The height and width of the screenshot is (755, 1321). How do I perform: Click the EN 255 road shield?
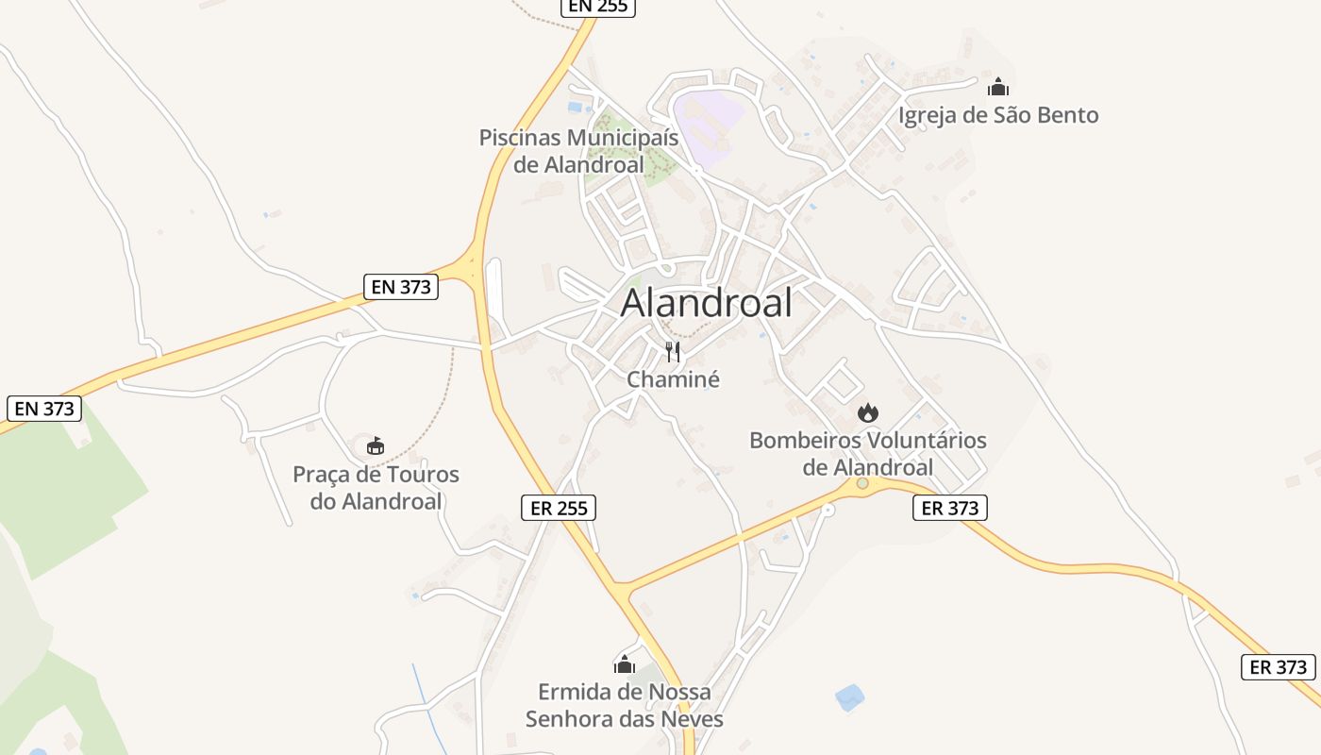(x=598, y=7)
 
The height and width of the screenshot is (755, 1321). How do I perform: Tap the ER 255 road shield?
(x=559, y=508)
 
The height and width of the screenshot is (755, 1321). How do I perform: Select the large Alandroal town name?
(x=707, y=304)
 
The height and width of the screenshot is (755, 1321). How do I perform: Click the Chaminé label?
(x=673, y=379)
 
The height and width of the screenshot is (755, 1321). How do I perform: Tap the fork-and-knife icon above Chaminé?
(x=673, y=352)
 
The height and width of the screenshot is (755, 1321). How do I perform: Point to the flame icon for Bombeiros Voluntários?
(x=867, y=412)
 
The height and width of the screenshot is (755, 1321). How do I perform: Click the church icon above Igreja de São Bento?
(x=997, y=88)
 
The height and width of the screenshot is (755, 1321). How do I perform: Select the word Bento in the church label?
(x=1065, y=115)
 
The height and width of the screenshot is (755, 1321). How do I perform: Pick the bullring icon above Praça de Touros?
(x=376, y=445)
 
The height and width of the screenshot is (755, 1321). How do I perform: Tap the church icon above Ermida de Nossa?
(x=625, y=664)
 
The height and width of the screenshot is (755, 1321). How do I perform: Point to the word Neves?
(x=692, y=719)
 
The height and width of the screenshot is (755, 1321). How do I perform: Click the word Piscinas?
(x=521, y=138)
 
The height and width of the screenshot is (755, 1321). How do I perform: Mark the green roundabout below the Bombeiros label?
(x=862, y=483)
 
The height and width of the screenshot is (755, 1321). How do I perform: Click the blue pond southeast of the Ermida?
(x=849, y=697)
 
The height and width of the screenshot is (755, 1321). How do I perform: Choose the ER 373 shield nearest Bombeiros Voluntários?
(x=950, y=508)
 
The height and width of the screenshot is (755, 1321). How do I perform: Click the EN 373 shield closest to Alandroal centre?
(x=401, y=287)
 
